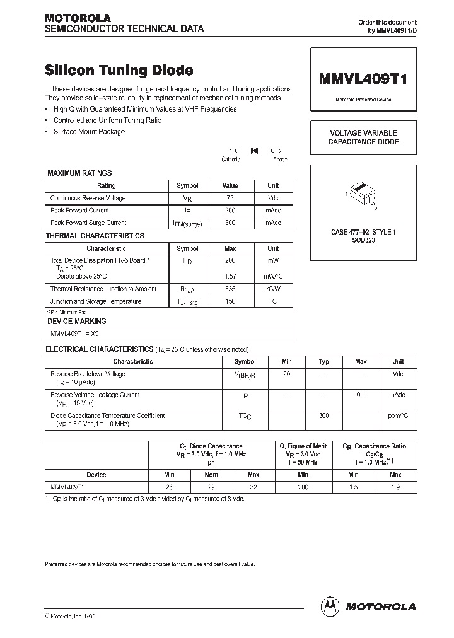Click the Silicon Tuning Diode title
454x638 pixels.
119,71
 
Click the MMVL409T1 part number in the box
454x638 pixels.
363,79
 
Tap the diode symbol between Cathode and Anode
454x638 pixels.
254,151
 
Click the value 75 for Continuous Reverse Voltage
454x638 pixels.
230,198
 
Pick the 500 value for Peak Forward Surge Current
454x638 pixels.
230,223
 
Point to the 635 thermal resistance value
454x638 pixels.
230,289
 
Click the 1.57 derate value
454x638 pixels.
230,276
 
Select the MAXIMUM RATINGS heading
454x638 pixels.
79,173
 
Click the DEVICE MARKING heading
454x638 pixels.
77,322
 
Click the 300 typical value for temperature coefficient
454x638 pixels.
324,416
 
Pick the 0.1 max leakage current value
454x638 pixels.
361,395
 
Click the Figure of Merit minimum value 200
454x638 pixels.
303,487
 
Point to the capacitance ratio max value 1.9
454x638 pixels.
395,487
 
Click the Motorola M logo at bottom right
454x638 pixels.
330,606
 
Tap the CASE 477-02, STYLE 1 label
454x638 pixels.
363,232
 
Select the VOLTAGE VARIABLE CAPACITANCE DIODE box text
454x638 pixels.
363,137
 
